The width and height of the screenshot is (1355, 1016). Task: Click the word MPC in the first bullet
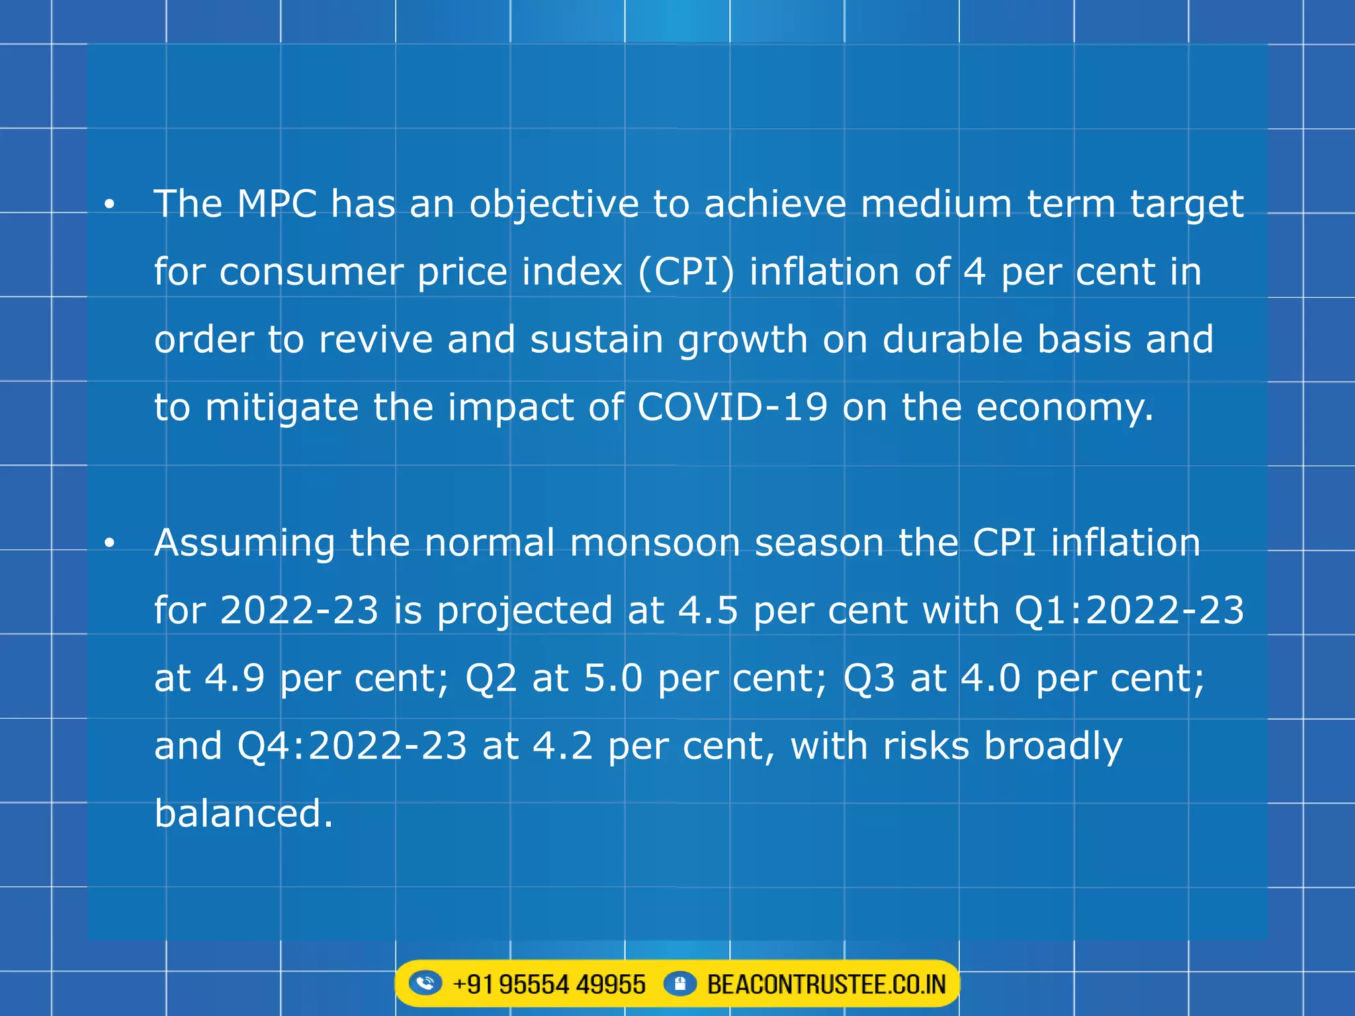pos(277,204)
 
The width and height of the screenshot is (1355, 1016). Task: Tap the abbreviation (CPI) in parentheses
pos(686,272)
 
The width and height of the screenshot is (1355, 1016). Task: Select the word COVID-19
pos(732,407)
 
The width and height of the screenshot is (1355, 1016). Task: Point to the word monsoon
pos(654,542)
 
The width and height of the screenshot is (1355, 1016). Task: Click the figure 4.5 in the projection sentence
pos(708,610)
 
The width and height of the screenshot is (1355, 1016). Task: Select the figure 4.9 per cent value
pos(235,678)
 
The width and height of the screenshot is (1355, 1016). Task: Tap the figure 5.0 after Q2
pos(613,678)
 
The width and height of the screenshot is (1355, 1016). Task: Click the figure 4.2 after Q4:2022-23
pos(562,746)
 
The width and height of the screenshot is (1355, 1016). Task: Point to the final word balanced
pos(243,814)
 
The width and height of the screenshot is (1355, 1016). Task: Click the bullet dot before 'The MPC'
pos(110,205)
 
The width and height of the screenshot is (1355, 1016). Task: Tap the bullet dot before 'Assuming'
pos(110,544)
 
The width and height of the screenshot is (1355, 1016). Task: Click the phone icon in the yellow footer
pos(425,983)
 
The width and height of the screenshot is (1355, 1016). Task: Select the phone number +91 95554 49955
pos(548,984)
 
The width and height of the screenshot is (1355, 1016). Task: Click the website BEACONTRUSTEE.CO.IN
pos(826,984)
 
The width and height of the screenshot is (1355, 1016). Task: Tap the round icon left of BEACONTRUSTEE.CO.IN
pos(679,983)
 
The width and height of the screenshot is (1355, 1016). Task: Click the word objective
pos(554,205)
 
